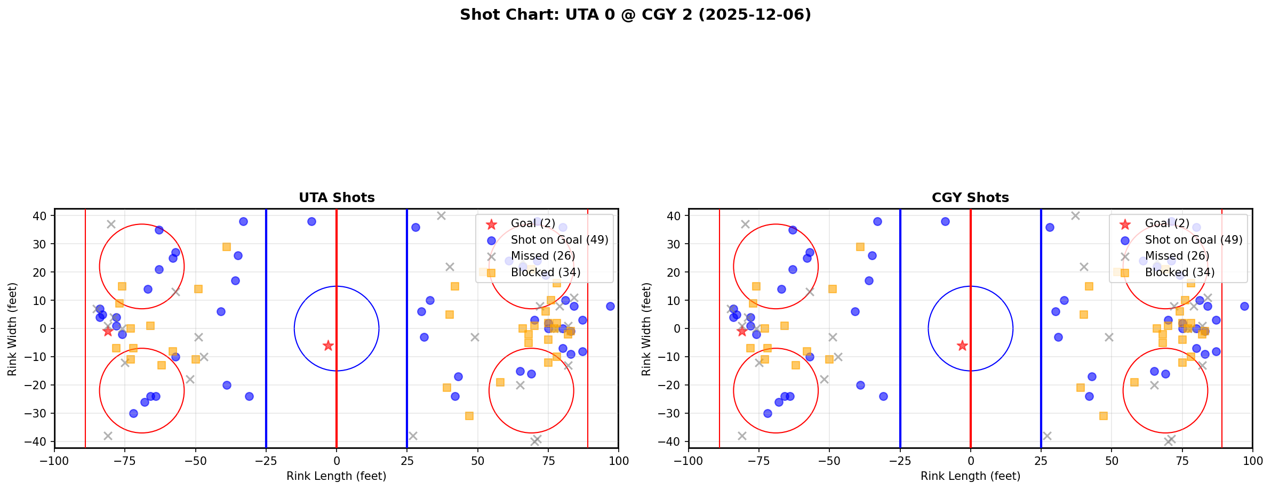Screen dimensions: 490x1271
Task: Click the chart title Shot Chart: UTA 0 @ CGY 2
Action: coord(635,15)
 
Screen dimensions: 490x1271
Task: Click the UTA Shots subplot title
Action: coord(337,198)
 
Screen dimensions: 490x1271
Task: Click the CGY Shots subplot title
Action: coord(970,198)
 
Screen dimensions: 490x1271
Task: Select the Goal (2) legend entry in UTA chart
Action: coord(533,223)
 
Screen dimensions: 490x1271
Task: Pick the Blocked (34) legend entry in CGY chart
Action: coord(1179,272)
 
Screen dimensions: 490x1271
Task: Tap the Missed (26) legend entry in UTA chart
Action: coord(542,256)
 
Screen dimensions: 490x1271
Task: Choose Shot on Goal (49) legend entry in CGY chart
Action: coord(1193,240)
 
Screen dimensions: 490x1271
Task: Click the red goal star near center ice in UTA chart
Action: coord(328,346)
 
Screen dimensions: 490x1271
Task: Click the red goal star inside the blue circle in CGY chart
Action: coord(962,346)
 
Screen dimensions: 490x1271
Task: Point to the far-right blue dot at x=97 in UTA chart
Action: coord(610,306)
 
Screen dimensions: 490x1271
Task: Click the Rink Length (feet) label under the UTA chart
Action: coord(337,476)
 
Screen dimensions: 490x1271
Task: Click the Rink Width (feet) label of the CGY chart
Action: coord(646,329)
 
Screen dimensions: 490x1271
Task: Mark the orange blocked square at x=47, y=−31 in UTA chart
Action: coord(469,416)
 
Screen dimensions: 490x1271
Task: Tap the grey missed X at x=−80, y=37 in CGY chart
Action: coord(745,224)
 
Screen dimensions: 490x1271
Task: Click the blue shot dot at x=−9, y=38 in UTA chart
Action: coord(311,221)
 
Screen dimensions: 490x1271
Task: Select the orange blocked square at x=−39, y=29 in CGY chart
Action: coord(860,247)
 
